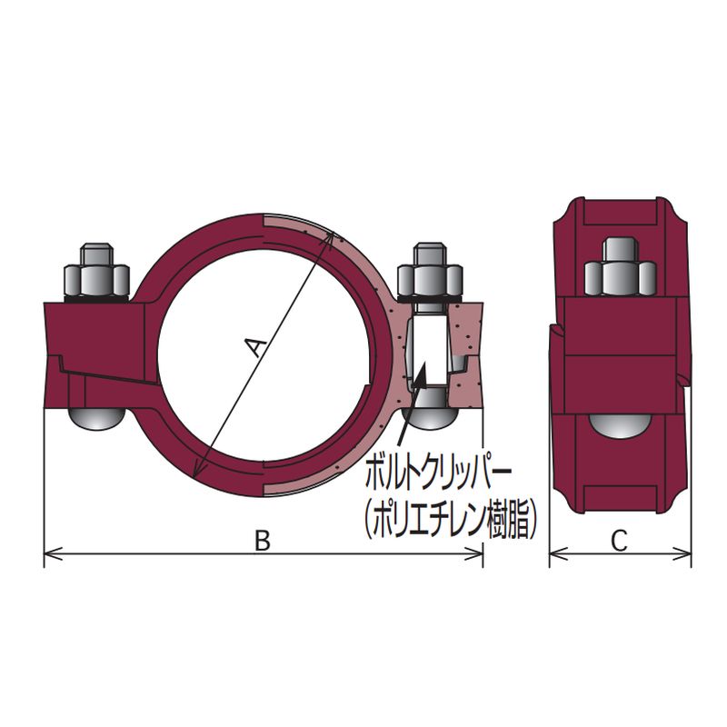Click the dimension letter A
(255, 349)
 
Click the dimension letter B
(263, 541)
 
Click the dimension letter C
(619, 541)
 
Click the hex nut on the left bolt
(97, 280)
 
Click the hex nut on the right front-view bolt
(430, 280)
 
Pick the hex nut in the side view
(621, 278)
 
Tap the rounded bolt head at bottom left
(96, 418)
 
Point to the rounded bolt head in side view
(620, 425)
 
